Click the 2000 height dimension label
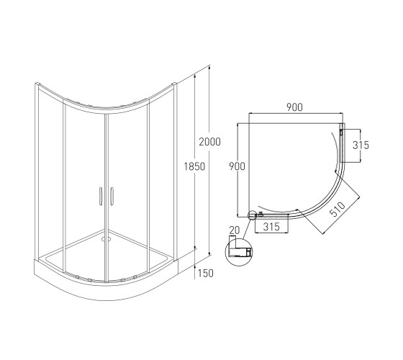click(209, 142)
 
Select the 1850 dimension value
click(194, 166)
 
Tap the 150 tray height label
click(205, 273)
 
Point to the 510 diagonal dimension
click(338, 209)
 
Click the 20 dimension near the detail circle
click(235, 230)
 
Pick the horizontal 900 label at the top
click(295, 107)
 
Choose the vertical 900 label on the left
click(237, 166)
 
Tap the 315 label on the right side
click(361, 145)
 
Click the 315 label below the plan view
click(271, 227)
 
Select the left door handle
click(101, 196)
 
